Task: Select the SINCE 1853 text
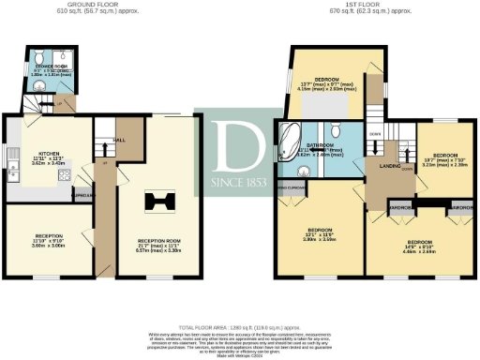point(237,179)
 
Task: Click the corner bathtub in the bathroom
point(287,138)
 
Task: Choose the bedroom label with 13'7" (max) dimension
point(326,79)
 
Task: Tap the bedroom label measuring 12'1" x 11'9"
point(321,231)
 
